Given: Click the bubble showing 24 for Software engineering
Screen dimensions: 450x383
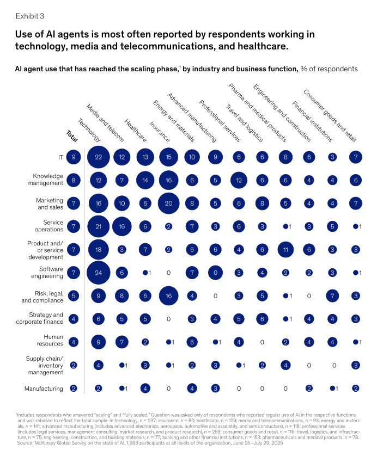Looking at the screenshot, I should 98,272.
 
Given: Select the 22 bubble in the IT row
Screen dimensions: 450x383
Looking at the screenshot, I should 98,157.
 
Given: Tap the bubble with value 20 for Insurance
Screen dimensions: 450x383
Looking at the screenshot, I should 168,203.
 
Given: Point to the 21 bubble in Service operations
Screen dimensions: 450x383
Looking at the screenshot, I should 98,226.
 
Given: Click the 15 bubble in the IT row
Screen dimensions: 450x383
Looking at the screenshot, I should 168,157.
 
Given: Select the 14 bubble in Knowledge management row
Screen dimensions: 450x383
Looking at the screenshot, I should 145,180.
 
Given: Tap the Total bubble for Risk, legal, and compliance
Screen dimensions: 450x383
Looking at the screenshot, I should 74,296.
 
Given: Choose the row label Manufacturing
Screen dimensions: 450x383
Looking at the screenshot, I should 44,389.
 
